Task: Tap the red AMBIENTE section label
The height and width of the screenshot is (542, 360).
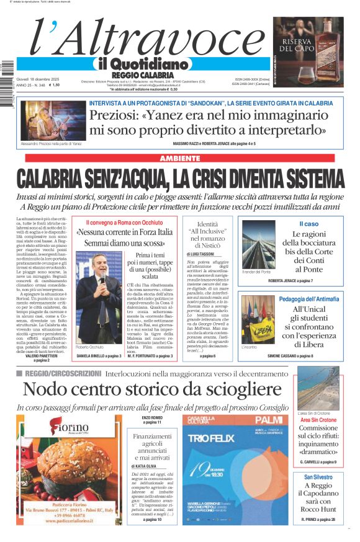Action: coord(180,159)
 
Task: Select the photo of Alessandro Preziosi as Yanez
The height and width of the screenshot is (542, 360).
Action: coord(45,120)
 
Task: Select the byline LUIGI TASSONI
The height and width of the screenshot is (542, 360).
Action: coord(203,254)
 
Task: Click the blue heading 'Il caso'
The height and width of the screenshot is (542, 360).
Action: coord(308,224)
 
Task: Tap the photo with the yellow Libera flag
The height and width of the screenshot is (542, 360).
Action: coord(258,319)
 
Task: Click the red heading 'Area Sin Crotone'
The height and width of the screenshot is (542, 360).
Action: coord(318,420)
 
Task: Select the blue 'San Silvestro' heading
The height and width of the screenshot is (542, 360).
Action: coord(318,477)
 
